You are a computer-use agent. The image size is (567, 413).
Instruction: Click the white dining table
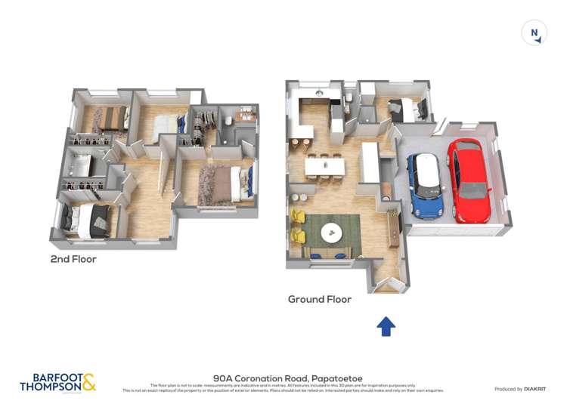325,166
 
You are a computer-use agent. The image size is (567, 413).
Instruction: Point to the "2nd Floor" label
74,260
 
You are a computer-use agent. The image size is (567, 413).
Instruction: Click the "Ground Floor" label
319,299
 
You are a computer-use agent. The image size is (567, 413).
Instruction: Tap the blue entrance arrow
386,326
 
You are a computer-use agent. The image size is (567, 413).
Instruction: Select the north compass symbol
534,33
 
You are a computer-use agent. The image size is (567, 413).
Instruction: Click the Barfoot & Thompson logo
57,382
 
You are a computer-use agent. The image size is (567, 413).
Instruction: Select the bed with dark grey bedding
89,220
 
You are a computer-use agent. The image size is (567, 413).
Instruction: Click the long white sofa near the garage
371,162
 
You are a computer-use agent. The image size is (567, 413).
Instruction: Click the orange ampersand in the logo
88,382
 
